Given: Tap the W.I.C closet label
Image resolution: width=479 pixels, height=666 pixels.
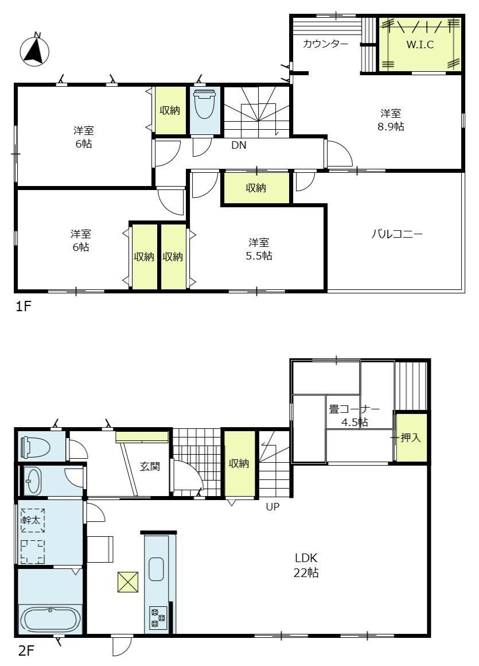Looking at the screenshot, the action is click(x=420, y=44).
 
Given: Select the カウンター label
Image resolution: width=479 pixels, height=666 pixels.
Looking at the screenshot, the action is click(x=325, y=44).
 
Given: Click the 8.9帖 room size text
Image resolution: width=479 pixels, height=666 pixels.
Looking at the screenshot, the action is click(x=391, y=126).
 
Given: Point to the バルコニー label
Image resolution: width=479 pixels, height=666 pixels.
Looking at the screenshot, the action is click(x=397, y=234).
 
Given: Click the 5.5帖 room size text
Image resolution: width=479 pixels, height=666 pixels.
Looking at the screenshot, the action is click(x=259, y=256).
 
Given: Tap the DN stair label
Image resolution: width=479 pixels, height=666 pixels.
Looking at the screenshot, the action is click(x=239, y=145).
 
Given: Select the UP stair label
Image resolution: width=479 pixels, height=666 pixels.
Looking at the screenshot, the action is click(x=273, y=507).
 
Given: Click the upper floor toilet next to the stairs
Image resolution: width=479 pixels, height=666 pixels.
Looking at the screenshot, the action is click(x=204, y=104).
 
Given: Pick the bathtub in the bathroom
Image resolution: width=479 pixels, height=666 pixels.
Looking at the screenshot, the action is click(x=50, y=619).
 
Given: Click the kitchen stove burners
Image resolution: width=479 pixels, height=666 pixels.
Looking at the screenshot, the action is click(x=158, y=618).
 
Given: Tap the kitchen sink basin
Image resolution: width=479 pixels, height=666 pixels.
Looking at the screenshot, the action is click(x=156, y=569).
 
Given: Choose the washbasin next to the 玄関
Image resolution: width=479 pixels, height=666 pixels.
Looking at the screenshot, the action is click(x=32, y=481).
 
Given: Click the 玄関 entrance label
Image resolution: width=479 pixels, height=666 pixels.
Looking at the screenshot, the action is click(x=150, y=466).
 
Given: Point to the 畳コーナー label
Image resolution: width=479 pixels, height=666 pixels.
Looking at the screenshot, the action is click(x=355, y=409).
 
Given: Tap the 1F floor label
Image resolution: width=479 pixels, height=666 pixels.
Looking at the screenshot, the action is click(x=24, y=306).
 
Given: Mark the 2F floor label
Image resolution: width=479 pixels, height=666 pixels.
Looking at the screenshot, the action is click(x=25, y=650).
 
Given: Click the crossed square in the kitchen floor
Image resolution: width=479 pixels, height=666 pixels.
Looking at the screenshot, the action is click(x=128, y=582).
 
